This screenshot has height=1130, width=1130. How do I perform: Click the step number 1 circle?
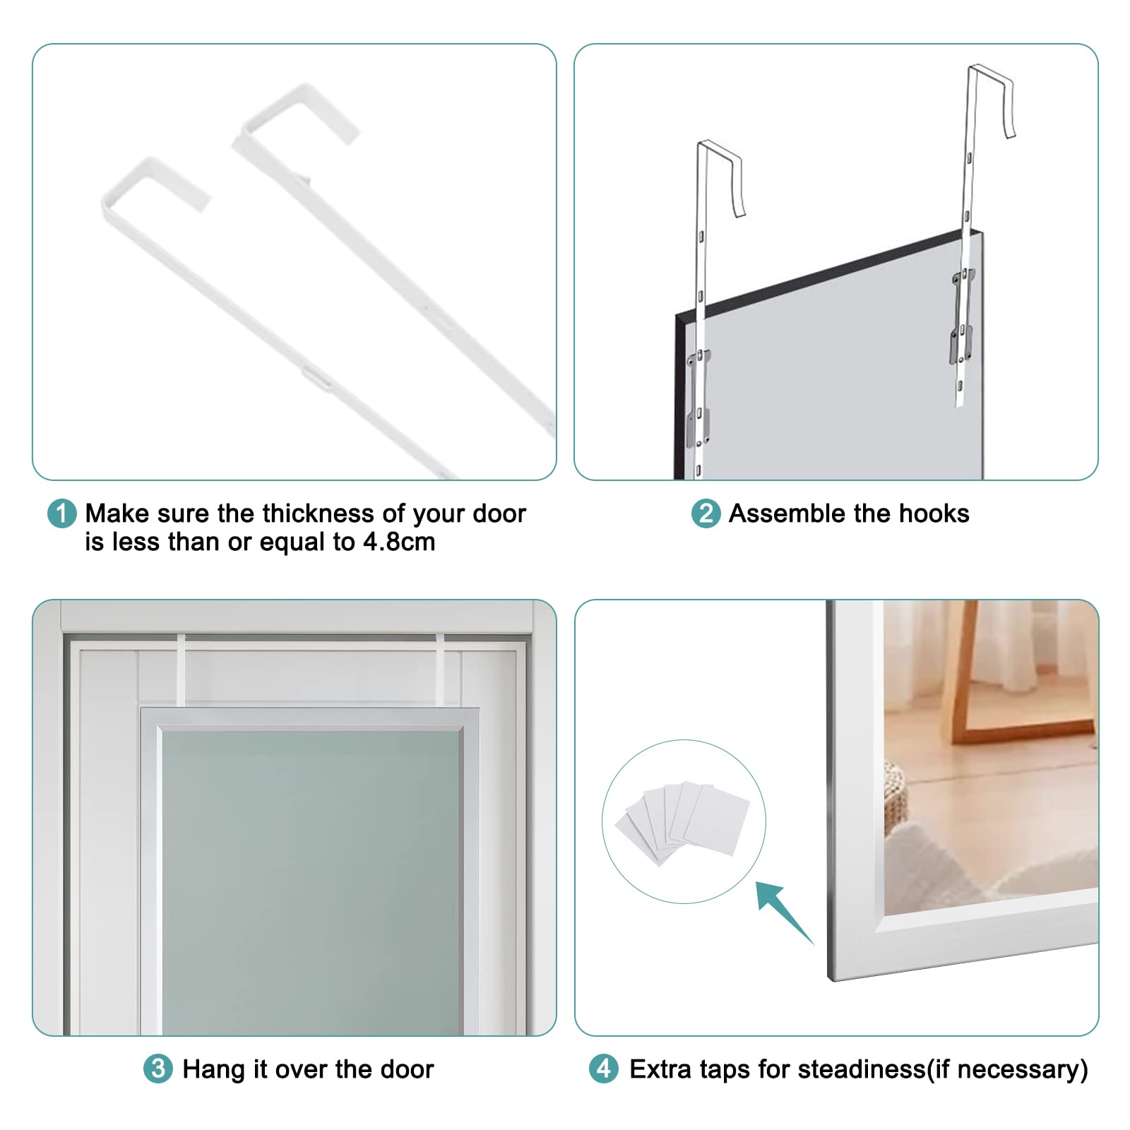coord(61,513)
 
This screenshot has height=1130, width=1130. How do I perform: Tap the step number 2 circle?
coord(706,513)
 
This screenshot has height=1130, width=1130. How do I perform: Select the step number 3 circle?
coord(158,1069)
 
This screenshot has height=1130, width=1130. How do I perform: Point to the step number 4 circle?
coord(604,1069)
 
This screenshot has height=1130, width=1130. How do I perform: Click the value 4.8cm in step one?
coord(399,542)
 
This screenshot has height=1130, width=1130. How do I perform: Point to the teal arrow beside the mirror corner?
coord(785,912)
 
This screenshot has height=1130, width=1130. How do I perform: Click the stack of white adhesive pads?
coord(682,821)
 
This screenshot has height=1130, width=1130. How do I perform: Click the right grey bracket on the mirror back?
coord(962,316)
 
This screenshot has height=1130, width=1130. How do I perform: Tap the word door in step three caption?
coord(408,1069)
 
